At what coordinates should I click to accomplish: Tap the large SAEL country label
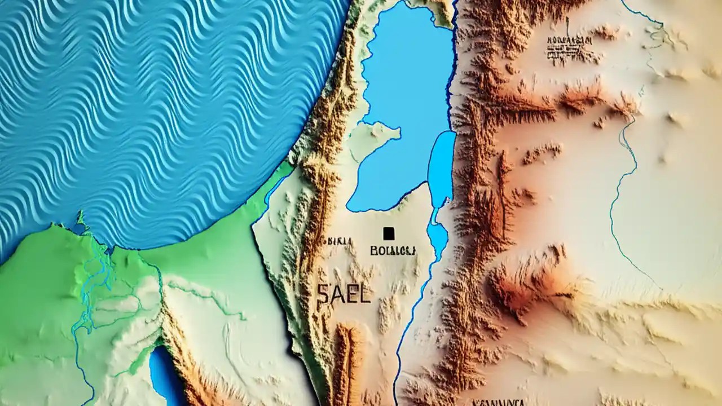(x=344, y=294)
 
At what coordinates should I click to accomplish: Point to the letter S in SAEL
(x=323, y=294)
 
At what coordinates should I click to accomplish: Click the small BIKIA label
(x=339, y=241)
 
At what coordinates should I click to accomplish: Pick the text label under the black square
(x=393, y=250)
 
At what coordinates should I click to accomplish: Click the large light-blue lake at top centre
(x=403, y=85)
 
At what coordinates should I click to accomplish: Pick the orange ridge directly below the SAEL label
(x=347, y=355)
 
